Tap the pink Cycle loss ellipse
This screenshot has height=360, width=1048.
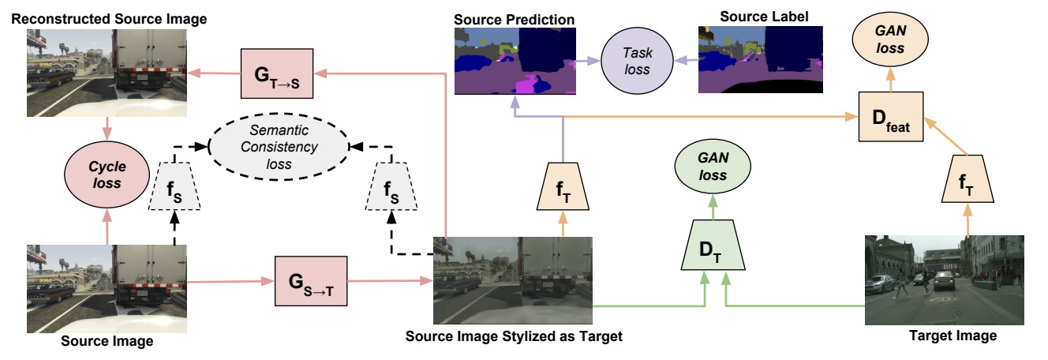coord(107,174)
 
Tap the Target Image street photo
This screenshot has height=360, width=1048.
coord(945,279)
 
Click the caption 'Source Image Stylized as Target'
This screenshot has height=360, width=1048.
coord(514,337)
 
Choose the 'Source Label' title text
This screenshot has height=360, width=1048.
coord(759,17)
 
